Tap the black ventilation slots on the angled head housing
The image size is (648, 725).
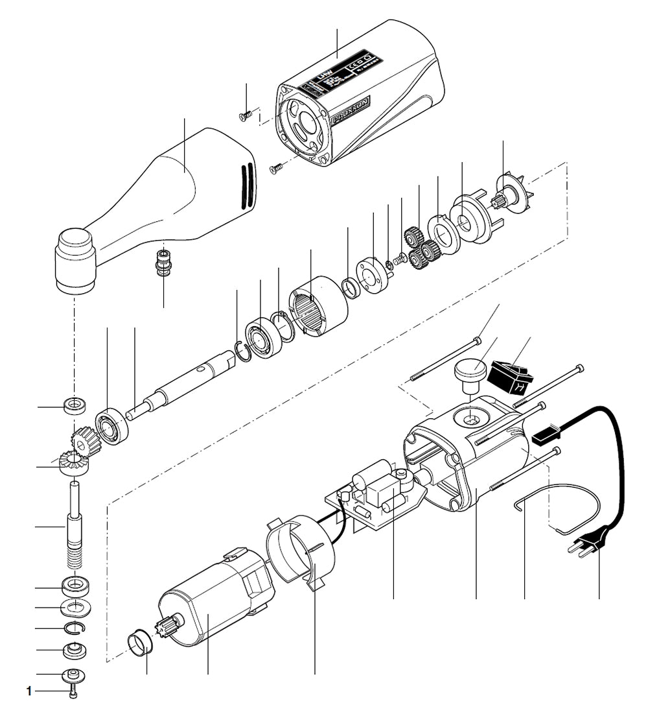click(x=245, y=185)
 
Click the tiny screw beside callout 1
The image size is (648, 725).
click(x=76, y=691)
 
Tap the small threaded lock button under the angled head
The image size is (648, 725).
click(x=163, y=261)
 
